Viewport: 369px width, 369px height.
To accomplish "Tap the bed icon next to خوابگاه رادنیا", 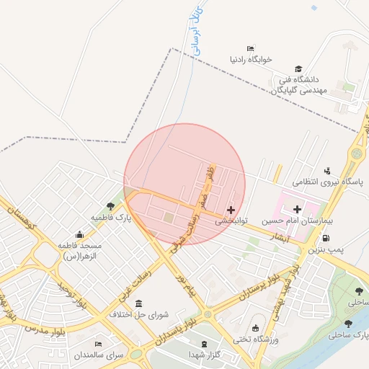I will pyautogui.click(x=250, y=48).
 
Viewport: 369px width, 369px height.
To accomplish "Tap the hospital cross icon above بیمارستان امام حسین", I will pyautogui.click(x=297, y=208).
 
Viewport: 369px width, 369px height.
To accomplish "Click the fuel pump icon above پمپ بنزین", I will pyautogui.click(x=326, y=239).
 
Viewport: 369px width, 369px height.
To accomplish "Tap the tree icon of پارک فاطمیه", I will pyautogui.click(x=110, y=205).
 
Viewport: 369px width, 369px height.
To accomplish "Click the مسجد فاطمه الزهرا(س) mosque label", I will pyautogui.click(x=79, y=250).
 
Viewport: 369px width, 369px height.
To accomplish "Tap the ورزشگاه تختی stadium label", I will pyautogui.click(x=256, y=339).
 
